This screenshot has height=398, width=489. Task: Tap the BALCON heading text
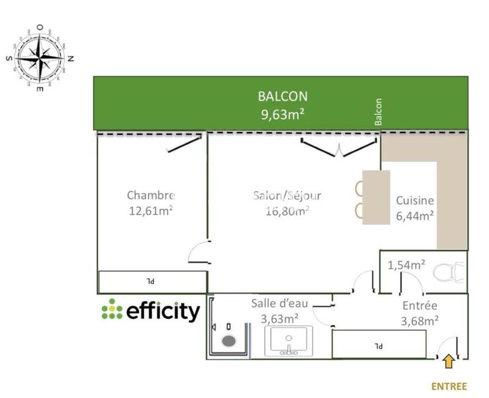(282, 96)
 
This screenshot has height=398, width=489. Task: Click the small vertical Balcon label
(378, 112)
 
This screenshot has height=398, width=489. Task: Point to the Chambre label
(151, 196)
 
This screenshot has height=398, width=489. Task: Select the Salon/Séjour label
(287, 196)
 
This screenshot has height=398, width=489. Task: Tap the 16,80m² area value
(287, 211)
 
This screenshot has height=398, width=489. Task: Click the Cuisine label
(415, 200)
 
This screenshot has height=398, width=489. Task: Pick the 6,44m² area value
(415, 215)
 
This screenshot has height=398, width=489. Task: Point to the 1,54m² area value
(407, 265)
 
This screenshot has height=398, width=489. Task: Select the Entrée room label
(419, 305)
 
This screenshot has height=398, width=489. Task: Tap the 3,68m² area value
(419, 319)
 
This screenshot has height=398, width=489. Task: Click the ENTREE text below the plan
(449, 386)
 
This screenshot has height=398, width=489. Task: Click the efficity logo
(150, 311)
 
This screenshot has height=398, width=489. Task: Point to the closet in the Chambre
(152, 282)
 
